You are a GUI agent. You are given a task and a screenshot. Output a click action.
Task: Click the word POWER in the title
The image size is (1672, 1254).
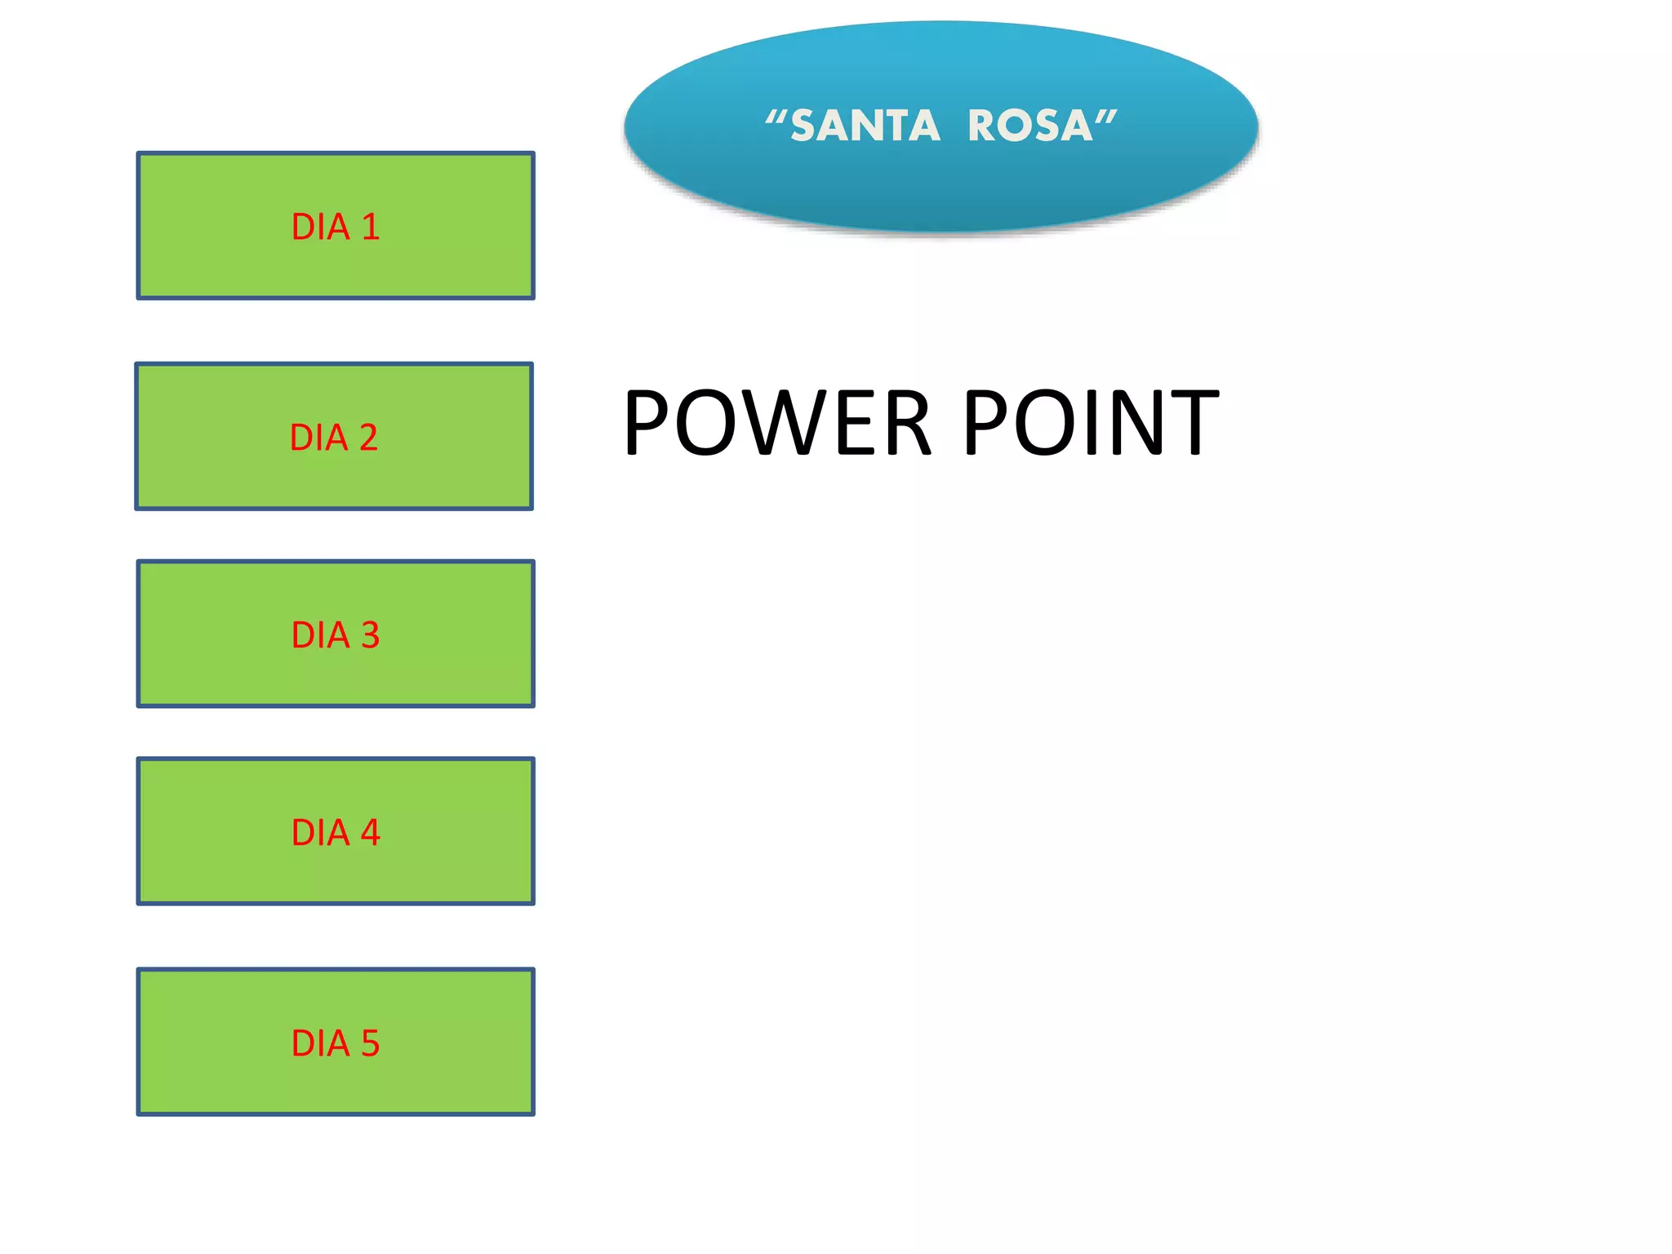coord(776,423)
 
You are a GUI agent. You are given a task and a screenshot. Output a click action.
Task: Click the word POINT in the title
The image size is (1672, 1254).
coord(1091,423)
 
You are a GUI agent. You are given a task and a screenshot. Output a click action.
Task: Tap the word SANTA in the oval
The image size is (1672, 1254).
coord(865,127)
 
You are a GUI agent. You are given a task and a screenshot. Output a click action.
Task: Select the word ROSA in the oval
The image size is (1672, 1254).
coord(1030,127)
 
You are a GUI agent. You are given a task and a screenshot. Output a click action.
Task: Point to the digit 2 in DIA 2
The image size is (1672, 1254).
coord(368,438)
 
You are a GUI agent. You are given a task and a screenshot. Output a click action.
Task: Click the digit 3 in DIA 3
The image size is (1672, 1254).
coord(371,635)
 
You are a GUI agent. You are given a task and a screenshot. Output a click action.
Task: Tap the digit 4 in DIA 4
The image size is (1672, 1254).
coord(371,833)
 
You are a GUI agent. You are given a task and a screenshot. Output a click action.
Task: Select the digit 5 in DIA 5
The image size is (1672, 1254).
coord(371,1043)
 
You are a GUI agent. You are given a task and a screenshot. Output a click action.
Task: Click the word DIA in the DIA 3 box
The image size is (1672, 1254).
coord(320,635)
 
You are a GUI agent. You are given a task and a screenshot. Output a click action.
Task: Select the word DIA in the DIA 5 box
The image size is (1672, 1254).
coord(320,1043)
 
